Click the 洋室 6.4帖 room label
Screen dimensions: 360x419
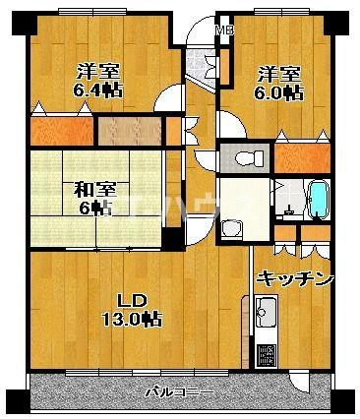point(98,81)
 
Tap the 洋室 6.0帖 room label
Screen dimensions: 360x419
point(278,84)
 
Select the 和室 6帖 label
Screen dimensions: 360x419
point(94,199)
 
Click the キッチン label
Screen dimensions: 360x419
point(296,279)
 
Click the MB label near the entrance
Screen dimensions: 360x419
point(225,31)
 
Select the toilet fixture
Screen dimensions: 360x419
point(250,158)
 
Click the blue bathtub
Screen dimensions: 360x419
point(319,199)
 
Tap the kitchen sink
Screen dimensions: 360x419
point(266,311)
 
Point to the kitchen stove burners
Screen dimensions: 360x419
point(266,355)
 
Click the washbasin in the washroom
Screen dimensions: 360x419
point(231,228)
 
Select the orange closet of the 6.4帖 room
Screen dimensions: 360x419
point(62,131)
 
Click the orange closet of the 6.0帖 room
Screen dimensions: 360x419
point(302,158)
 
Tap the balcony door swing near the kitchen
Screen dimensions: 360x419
point(299,383)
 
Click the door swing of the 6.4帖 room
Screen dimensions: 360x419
point(168,97)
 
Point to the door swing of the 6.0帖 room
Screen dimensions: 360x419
point(232,125)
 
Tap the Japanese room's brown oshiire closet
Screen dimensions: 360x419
point(130,131)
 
